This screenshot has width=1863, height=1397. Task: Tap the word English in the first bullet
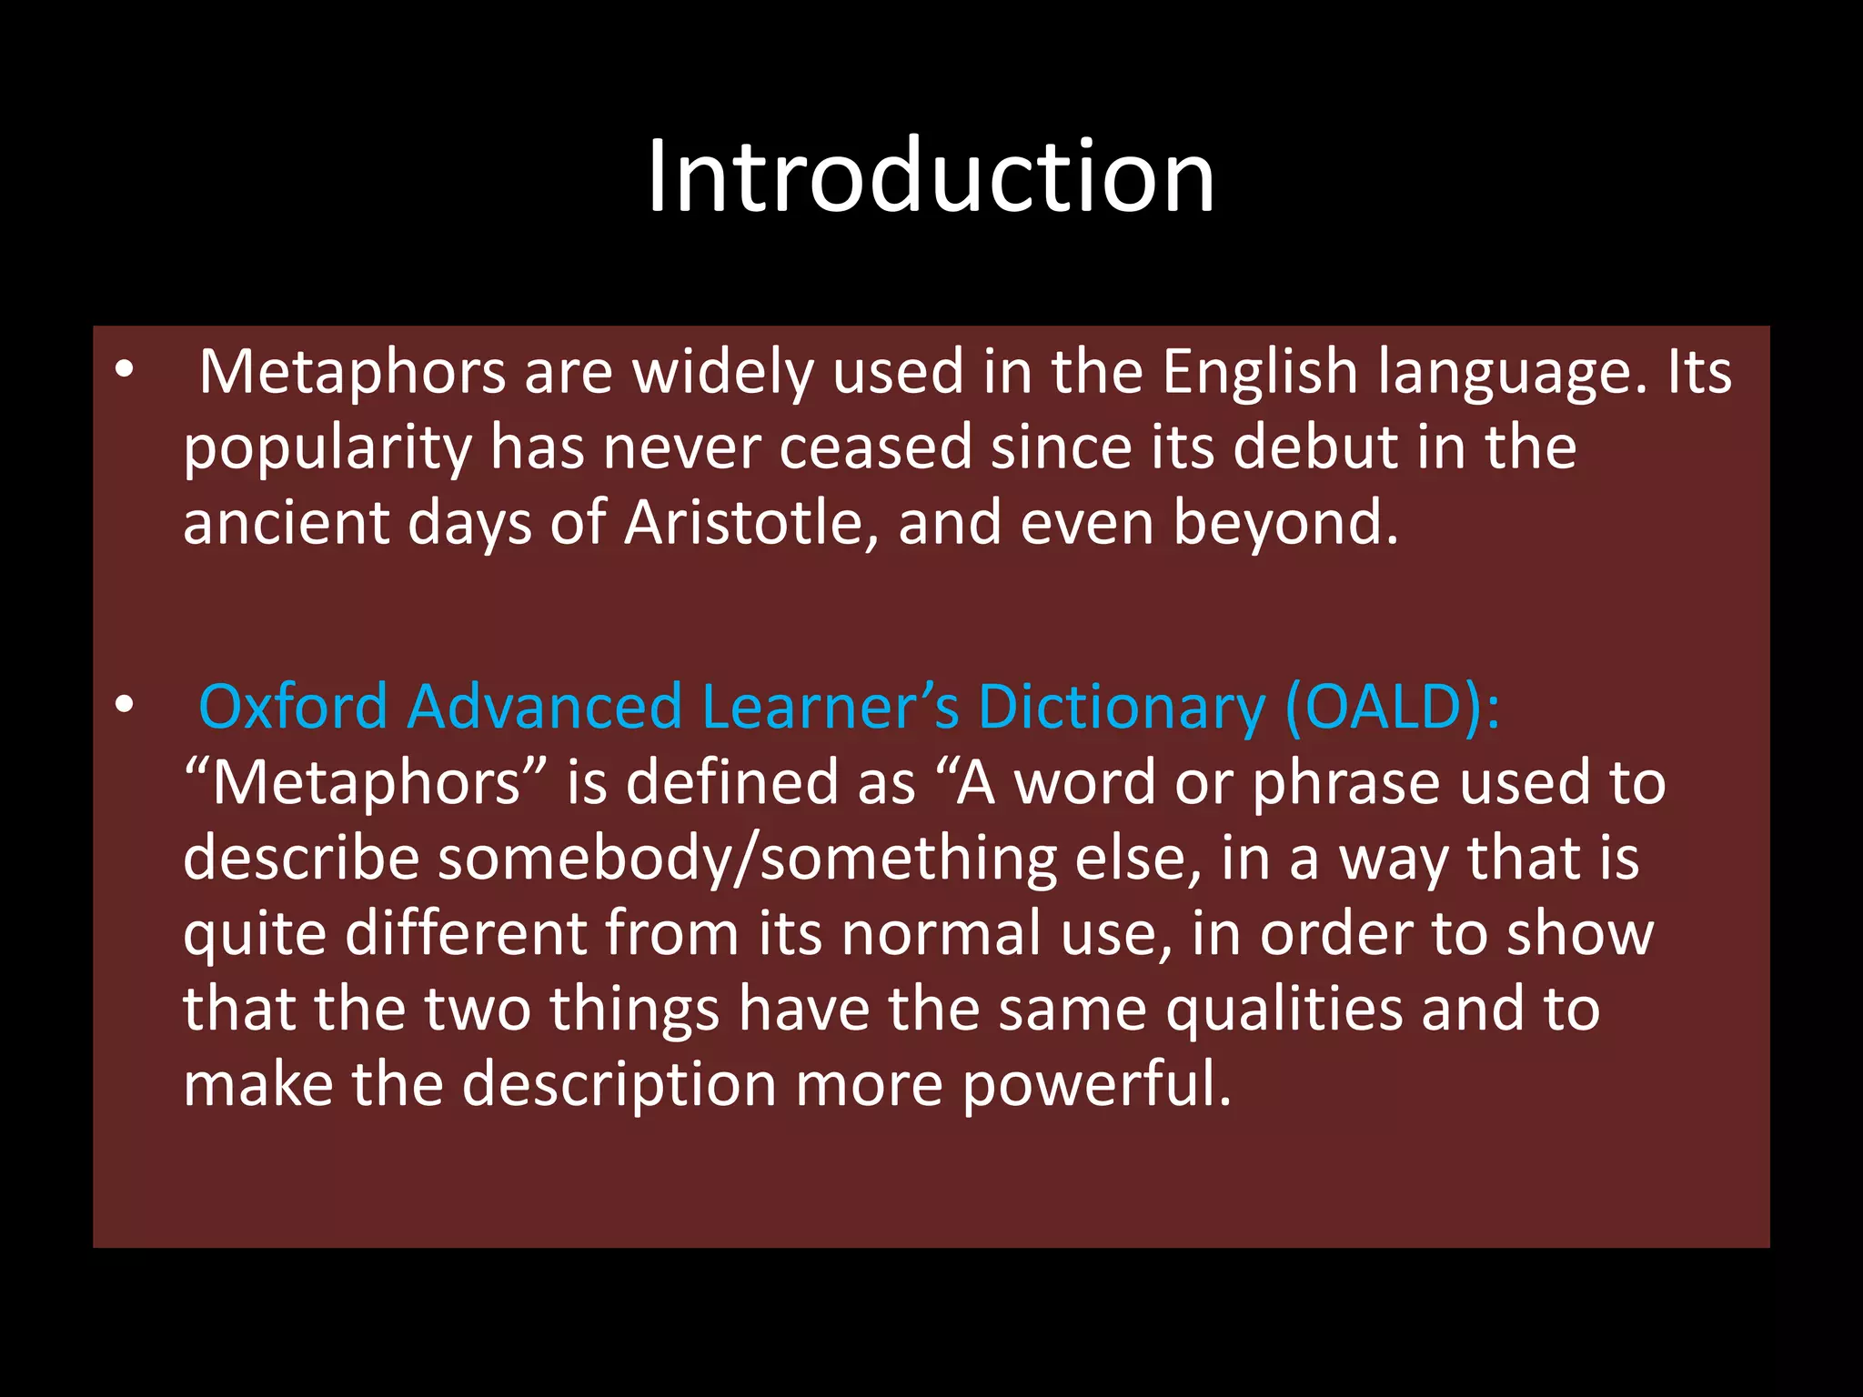[x=1260, y=372]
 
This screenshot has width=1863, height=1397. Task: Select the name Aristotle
[x=742, y=523]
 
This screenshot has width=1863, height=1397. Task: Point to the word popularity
[x=327, y=448]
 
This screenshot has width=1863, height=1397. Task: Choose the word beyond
[x=1284, y=523]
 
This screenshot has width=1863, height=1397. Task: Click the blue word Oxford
[x=293, y=707]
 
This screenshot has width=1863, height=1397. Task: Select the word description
[x=619, y=1086]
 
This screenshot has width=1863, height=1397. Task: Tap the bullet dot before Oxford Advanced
[x=125, y=704]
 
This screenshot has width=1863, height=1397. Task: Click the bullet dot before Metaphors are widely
[x=125, y=369]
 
